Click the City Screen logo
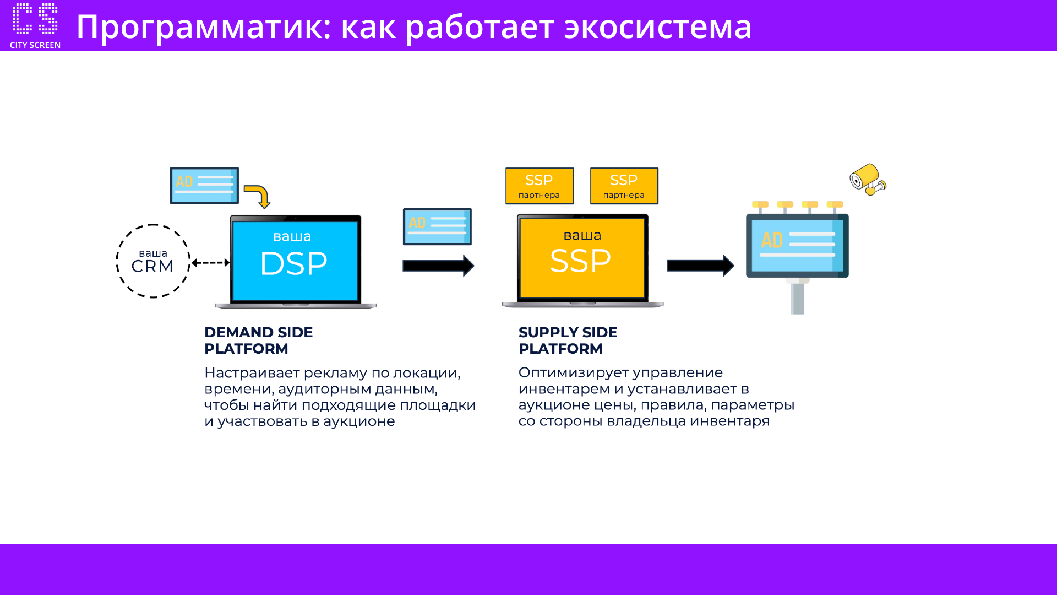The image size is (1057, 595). point(35,25)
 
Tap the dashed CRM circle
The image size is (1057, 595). point(153,261)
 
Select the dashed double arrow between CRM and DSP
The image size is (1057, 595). point(210,263)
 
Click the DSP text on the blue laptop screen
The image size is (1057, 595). point(293,263)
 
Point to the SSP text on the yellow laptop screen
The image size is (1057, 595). point(580,261)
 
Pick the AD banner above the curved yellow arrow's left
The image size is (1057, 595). point(204,186)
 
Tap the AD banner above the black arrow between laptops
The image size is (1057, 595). point(437,226)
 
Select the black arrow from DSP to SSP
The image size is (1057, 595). point(438,266)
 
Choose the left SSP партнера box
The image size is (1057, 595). point(540,186)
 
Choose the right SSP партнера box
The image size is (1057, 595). point(624,186)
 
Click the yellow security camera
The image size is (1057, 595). point(867,179)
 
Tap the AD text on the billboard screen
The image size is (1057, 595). point(772,240)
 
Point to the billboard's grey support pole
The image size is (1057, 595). point(797,298)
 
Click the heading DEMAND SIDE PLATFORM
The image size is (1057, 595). point(258,340)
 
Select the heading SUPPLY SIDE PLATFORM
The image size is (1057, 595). point(568,340)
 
